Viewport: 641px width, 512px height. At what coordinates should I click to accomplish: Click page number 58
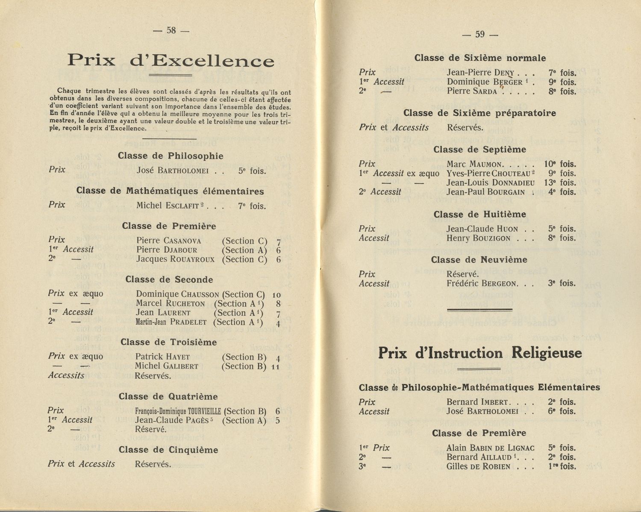pos(171,30)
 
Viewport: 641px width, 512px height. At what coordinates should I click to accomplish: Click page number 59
pos(480,35)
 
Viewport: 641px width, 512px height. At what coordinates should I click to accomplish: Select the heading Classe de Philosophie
pos(171,156)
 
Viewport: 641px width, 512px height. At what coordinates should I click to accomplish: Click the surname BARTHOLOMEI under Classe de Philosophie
pos(183,171)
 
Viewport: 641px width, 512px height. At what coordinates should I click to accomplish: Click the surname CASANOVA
pos(182,241)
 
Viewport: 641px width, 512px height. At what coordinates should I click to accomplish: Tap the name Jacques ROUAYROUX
pos(175,259)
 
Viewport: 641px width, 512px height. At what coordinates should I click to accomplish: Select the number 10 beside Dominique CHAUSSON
pos(276,295)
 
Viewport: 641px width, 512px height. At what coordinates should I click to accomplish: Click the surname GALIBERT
pos(181,366)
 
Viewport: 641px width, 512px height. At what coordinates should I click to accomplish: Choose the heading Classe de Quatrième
pos(168,397)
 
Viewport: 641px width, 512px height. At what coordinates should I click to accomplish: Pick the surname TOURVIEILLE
pos(200,412)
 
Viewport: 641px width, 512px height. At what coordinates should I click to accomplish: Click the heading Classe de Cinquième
pos(168,450)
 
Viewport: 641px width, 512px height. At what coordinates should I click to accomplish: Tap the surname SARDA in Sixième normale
pos(485,91)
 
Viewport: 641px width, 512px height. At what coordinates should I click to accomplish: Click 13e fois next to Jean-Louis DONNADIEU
pos(560,183)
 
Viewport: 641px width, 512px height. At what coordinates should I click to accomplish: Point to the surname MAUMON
pos(486,165)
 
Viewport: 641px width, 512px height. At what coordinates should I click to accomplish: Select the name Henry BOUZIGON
pos(478,238)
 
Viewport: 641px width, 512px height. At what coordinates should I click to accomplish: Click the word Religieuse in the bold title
pos(547,353)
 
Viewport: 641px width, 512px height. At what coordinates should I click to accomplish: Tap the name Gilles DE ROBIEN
pos(478,467)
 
